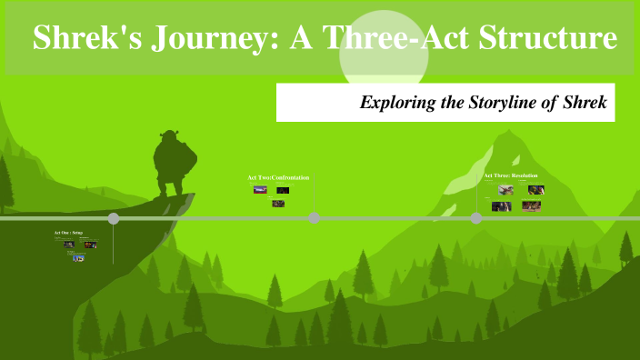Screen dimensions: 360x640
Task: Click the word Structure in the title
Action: click(550, 39)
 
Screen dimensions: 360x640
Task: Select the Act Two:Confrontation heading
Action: click(278, 177)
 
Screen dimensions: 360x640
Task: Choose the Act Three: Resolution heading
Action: click(511, 175)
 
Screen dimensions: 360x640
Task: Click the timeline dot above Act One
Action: click(114, 218)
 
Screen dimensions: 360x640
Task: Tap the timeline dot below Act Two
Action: click(314, 218)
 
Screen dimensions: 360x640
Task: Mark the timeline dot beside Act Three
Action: click(476, 218)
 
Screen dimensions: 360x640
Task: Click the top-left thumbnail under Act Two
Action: click(260, 191)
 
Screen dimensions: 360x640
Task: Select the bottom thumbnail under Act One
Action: click(78, 257)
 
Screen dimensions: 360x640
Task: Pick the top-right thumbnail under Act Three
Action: click(536, 190)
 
